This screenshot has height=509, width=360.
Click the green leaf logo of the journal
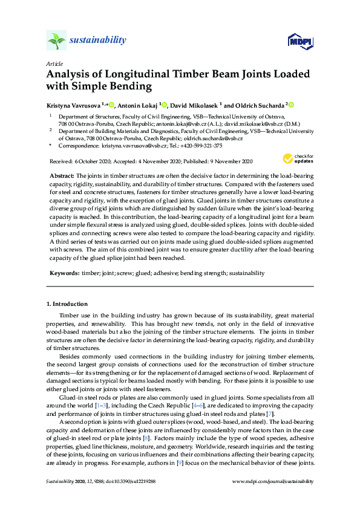(x=56, y=40)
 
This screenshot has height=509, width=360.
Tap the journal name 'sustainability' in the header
(x=98, y=41)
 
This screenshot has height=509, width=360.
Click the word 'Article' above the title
(x=53, y=63)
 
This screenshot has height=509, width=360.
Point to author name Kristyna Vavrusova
(x=73, y=105)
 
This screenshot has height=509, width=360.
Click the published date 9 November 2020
(x=228, y=161)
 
